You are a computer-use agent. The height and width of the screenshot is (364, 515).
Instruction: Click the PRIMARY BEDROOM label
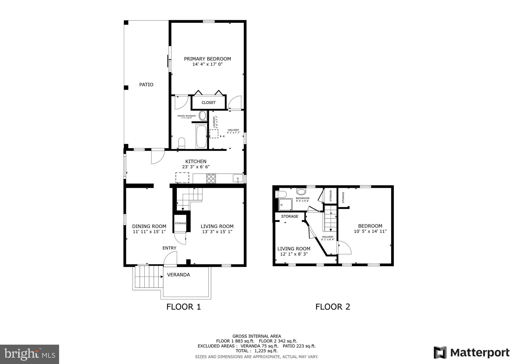click(x=207, y=59)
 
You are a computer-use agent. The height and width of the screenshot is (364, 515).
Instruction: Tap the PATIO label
click(x=146, y=85)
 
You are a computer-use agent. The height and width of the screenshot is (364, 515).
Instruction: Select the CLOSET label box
click(x=208, y=103)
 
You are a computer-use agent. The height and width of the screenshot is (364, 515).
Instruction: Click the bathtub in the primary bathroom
click(x=201, y=136)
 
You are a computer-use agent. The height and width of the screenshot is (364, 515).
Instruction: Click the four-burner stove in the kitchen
click(x=211, y=178)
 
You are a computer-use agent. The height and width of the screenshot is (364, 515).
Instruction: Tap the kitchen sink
click(x=238, y=178)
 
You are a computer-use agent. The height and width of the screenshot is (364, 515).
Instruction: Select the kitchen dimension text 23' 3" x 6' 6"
click(x=196, y=167)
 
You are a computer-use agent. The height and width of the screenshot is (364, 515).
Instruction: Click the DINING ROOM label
click(x=149, y=226)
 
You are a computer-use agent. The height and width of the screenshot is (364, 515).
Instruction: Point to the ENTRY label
click(x=169, y=248)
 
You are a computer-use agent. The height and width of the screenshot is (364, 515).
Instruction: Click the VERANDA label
click(x=178, y=275)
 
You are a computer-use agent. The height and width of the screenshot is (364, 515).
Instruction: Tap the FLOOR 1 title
click(x=184, y=307)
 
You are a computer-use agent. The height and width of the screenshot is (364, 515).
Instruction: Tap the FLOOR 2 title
click(x=333, y=307)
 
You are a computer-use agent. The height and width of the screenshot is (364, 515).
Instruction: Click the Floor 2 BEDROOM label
click(x=370, y=226)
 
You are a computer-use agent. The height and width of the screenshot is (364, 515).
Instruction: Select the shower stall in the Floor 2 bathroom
click(x=286, y=204)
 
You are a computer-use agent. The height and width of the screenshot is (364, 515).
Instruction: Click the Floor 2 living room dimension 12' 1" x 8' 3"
click(x=294, y=254)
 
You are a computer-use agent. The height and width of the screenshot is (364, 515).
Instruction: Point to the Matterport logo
click(x=471, y=353)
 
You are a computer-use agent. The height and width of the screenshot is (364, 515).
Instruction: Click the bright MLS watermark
click(x=30, y=354)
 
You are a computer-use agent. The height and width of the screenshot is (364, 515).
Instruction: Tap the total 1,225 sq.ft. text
click(x=256, y=351)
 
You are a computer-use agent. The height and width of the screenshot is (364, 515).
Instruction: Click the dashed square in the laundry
click(x=214, y=134)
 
